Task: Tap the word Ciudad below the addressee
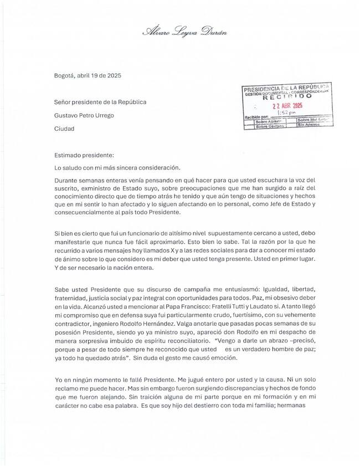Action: coord(64,129)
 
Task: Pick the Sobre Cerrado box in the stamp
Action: coord(269,126)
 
